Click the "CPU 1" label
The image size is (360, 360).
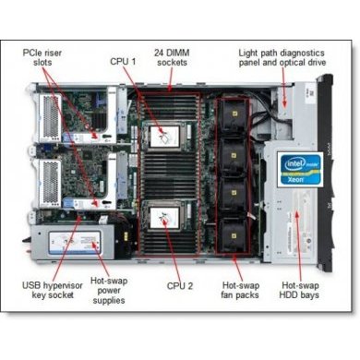125,62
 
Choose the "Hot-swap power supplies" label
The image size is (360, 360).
109,285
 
